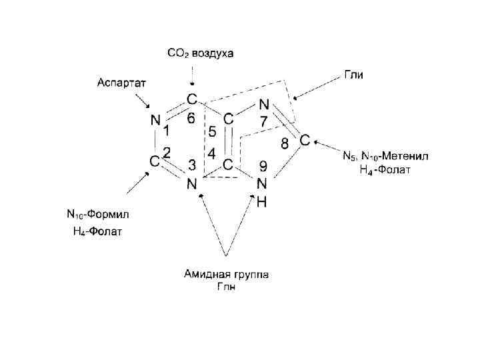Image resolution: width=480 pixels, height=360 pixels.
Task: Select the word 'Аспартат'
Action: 122,82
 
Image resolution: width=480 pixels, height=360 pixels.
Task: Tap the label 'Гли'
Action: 353,75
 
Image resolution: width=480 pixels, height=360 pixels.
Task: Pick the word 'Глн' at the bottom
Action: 227,286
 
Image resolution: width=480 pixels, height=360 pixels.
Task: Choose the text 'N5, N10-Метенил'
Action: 385,157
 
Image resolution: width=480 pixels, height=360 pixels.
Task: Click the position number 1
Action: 167,129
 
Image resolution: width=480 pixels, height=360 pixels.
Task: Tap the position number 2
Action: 167,153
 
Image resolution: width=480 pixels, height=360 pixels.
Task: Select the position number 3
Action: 191,165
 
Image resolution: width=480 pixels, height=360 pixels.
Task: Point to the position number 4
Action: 211,153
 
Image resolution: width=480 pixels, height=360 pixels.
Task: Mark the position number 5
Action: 211,131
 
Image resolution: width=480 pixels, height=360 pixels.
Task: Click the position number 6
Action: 191,119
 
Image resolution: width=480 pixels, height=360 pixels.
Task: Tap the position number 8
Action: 285,143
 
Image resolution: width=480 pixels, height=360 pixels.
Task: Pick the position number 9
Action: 263,167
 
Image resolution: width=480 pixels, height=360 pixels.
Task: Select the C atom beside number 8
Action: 303,141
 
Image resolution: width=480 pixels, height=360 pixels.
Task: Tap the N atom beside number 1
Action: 155,121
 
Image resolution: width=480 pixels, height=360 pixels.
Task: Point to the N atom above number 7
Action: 263,105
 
